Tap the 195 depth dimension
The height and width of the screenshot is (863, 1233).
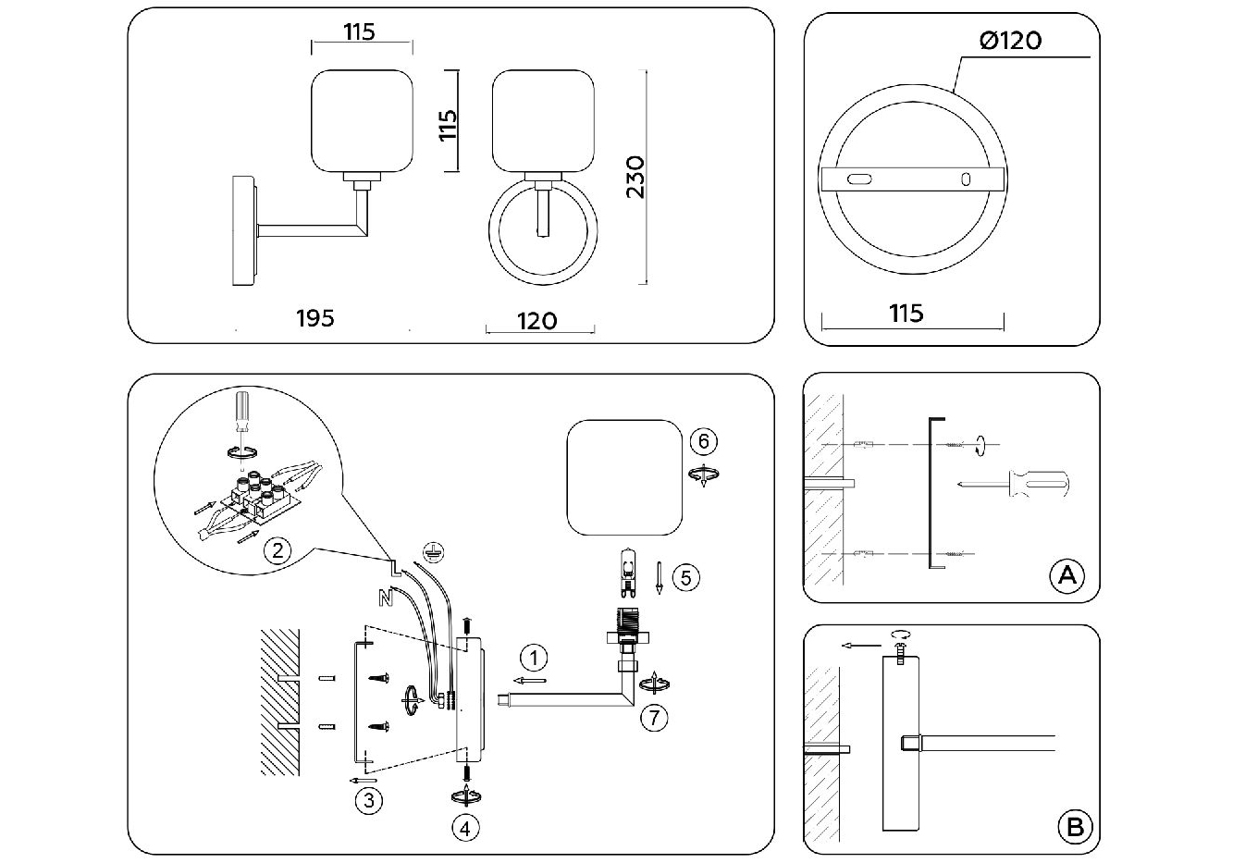314,318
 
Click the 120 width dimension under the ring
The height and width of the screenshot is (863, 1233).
537,321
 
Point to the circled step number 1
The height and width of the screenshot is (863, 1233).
533,659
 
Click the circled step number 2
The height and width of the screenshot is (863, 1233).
276,551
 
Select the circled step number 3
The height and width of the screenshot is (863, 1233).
368,800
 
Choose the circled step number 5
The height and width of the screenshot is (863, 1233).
685,578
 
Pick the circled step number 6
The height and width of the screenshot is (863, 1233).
703,441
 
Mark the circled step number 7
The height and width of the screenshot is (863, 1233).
654,716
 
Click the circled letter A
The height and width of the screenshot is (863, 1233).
1067,576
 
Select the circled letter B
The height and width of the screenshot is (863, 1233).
1074,826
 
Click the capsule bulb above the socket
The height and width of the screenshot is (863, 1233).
628,570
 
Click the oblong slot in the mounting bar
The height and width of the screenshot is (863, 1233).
860,179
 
